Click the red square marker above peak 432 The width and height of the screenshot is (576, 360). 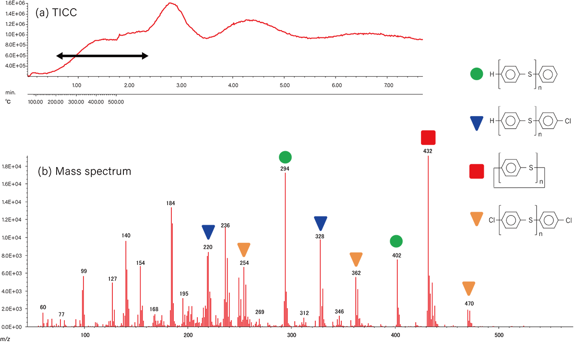click(x=428, y=138)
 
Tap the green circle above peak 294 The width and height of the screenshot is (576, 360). click(x=285, y=157)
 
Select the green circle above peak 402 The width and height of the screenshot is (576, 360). click(x=396, y=241)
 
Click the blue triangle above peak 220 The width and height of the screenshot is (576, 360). click(x=208, y=231)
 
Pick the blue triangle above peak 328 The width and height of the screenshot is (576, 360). click(x=320, y=223)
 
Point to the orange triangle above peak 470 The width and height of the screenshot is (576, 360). click(x=469, y=288)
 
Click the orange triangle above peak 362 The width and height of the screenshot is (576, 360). click(x=356, y=259)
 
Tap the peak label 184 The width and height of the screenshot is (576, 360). click(x=171, y=203)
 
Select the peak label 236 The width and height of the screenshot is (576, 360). click(x=226, y=225)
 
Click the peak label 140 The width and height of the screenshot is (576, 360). click(x=126, y=236)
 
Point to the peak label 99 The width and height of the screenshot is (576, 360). click(x=84, y=271)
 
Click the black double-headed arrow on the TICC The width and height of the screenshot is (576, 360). click(x=102, y=56)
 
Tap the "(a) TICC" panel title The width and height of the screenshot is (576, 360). click(x=56, y=13)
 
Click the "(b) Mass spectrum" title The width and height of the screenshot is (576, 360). click(x=84, y=170)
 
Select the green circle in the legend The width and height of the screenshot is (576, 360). click(x=476, y=74)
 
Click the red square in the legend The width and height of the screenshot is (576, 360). click(x=476, y=171)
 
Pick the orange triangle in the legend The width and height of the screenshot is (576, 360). click(x=476, y=220)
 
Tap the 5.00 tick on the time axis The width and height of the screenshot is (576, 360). click(x=284, y=85)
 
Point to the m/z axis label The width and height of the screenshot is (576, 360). click(x=5, y=339)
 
